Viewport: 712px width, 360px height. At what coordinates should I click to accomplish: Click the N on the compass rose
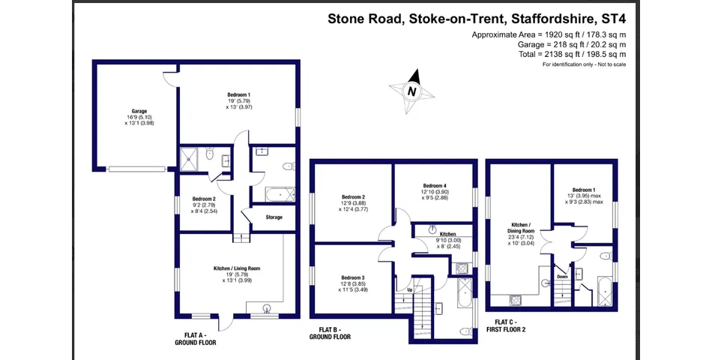412,91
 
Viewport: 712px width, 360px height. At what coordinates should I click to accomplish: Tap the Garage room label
139,111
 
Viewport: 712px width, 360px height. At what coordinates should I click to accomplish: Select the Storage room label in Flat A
274,217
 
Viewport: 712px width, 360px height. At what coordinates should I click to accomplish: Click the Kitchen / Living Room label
237,268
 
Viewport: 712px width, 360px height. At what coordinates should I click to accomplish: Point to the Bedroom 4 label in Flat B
435,186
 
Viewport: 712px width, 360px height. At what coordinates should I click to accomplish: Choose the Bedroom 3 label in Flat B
353,277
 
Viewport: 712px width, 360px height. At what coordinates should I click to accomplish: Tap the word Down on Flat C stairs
562,276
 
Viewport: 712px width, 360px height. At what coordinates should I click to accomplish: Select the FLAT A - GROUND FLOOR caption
196,339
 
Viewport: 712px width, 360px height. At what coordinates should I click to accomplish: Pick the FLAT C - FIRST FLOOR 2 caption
506,326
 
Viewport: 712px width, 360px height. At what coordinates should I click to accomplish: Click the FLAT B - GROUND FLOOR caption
330,333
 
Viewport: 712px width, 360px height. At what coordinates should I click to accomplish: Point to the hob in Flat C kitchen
516,300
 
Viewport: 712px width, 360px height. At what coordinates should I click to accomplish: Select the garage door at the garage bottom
136,169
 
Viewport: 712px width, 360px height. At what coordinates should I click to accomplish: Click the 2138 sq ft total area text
572,54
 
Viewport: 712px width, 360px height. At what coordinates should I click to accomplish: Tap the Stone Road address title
477,19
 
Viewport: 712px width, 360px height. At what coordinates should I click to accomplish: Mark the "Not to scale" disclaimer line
584,64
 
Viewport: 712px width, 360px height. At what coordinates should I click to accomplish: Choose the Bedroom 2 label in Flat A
204,199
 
